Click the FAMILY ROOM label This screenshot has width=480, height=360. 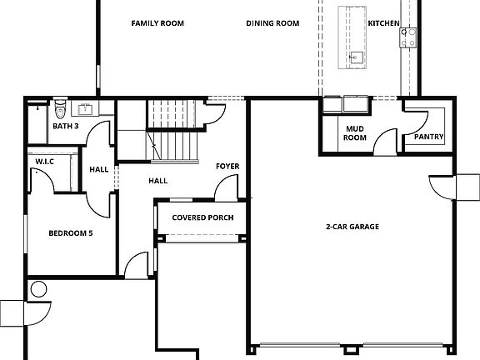[157, 23]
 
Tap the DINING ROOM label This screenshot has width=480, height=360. [272, 23]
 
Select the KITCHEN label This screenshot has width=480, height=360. [383, 23]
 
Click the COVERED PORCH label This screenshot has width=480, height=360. [202, 218]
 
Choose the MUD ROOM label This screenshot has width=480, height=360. [355, 133]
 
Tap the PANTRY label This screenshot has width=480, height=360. [428, 137]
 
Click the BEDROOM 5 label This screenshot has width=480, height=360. [70, 232]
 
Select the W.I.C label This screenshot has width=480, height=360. [44, 162]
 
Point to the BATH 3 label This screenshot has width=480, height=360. [66, 127]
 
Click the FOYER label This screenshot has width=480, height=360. [227, 167]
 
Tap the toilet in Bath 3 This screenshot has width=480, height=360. [60, 109]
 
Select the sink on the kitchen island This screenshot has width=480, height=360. [356, 57]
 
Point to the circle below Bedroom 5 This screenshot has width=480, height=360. [38, 289]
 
